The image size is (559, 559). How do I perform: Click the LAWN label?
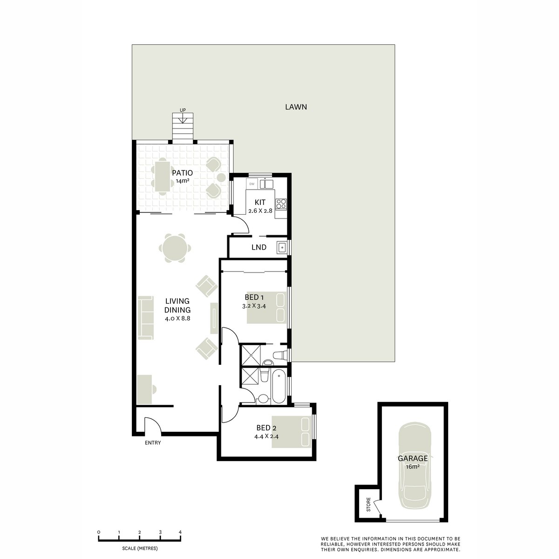(x=296, y=107)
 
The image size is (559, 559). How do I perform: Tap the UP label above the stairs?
(x=183, y=110)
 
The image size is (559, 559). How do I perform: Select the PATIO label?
(x=182, y=173)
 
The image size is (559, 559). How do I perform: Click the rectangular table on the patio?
(x=162, y=176)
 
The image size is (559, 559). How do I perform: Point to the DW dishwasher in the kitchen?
(x=252, y=184)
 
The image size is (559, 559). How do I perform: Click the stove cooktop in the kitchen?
(x=281, y=203)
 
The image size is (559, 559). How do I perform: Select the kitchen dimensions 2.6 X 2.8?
(x=259, y=211)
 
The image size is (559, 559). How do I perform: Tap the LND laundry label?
(x=259, y=247)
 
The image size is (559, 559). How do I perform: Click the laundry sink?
(x=281, y=247)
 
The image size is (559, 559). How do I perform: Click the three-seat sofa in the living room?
(x=146, y=317)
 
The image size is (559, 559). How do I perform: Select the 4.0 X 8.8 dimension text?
(x=177, y=319)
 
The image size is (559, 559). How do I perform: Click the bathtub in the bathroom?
(x=279, y=386)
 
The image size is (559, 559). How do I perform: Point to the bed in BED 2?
(x=291, y=432)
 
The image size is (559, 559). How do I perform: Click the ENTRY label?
(x=153, y=443)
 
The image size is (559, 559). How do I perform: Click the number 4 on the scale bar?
(x=180, y=532)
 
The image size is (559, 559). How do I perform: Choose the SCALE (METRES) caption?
(x=139, y=548)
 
